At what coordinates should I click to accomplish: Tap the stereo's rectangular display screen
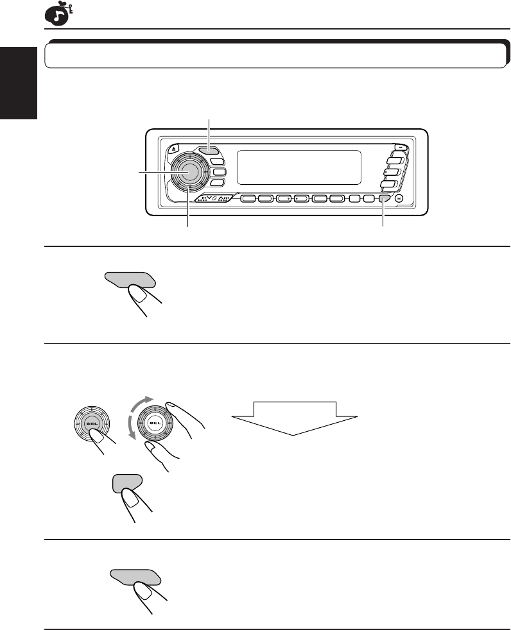tap(299, 167)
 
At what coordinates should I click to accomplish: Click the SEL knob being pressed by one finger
tap(89, 424)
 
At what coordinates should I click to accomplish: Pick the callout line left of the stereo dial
tap(155, 171)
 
